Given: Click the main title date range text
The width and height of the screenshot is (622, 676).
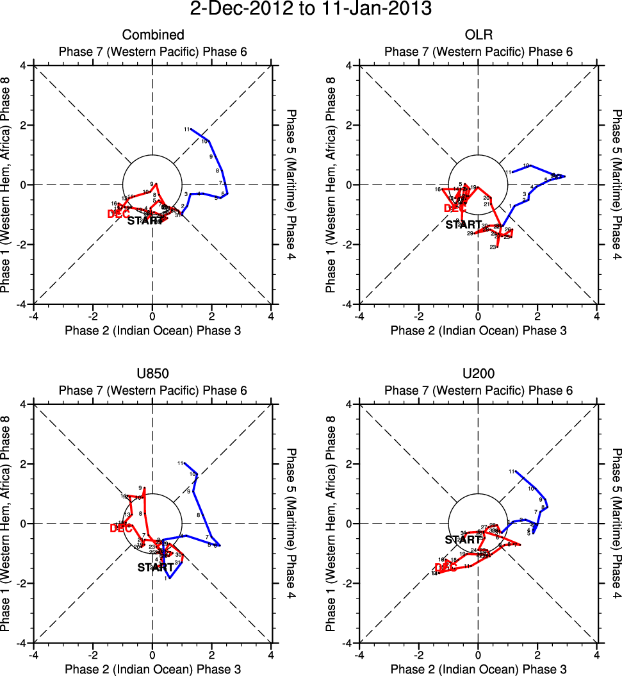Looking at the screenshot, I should [x=311, y=10].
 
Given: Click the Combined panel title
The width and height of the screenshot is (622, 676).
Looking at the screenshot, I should [x=153, y=35].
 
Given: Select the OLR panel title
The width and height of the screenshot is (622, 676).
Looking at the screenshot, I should [x=478, y=35].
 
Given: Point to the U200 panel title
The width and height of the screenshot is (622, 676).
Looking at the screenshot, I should [x=478, y=374].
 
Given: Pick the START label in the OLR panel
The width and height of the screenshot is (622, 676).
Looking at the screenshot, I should [x=464, y=224].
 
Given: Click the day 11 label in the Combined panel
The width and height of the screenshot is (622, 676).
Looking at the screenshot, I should [x=187, y=129].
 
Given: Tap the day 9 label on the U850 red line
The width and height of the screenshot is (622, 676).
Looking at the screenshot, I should [x=140, y=488].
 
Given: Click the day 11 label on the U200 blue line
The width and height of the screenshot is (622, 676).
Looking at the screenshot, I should [x=512, y=472].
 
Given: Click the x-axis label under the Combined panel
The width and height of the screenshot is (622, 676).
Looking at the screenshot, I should [x=153, y=331].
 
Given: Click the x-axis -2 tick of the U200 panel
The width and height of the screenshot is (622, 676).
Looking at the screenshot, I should [x=419, y=655].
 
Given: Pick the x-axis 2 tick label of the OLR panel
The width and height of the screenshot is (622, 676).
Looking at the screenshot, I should [x=537, y=317].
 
